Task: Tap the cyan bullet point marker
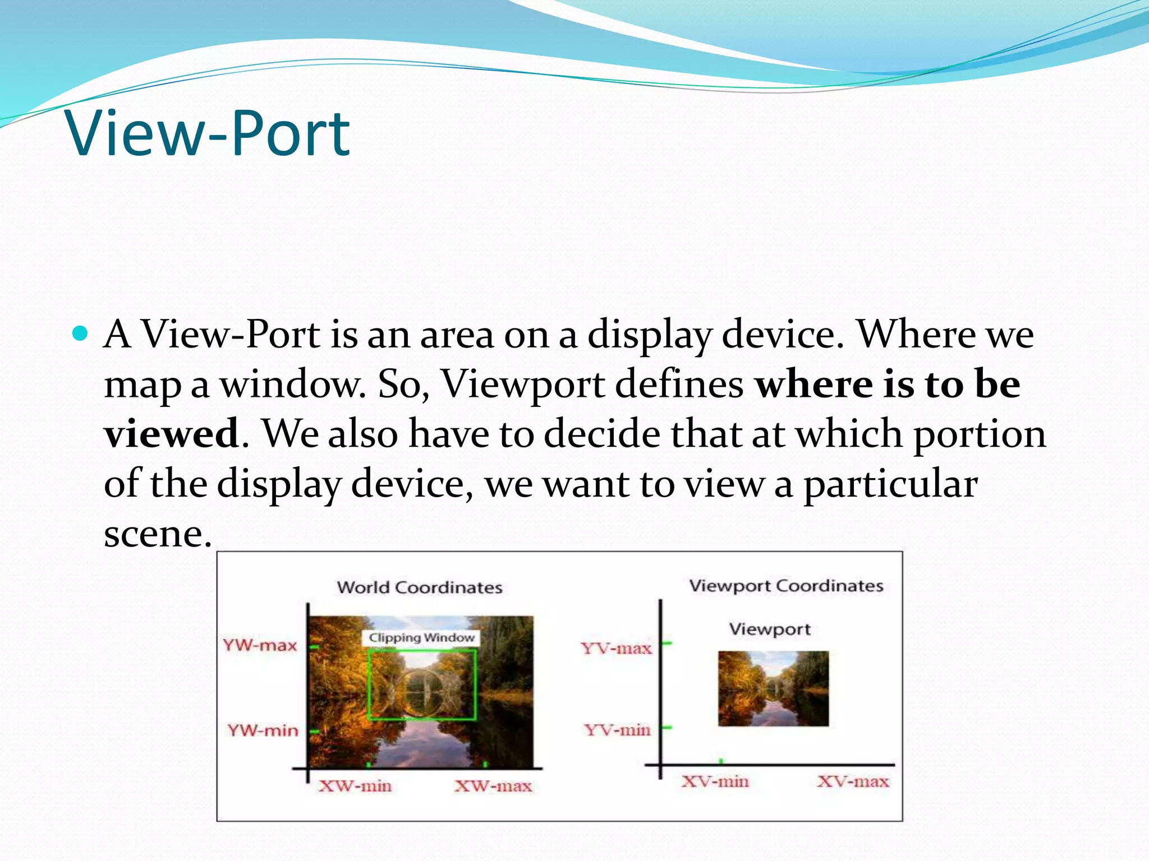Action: [81, 334]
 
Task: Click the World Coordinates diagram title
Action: [420, 587]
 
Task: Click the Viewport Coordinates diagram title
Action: [786, 586]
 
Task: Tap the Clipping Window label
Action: [421, 638]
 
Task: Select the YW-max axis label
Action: [260, 645]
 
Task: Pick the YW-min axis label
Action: [263, 730]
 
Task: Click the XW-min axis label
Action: [355, 786]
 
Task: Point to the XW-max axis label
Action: [493, 786]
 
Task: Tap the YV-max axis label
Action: [616, 649]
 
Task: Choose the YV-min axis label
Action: [617, 730]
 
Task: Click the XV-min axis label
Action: [715, 781]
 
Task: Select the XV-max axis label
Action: [853, 781]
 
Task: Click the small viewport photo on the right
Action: [773, 688]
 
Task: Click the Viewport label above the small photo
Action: [770, 629]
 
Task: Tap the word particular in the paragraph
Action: [891, 484]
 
